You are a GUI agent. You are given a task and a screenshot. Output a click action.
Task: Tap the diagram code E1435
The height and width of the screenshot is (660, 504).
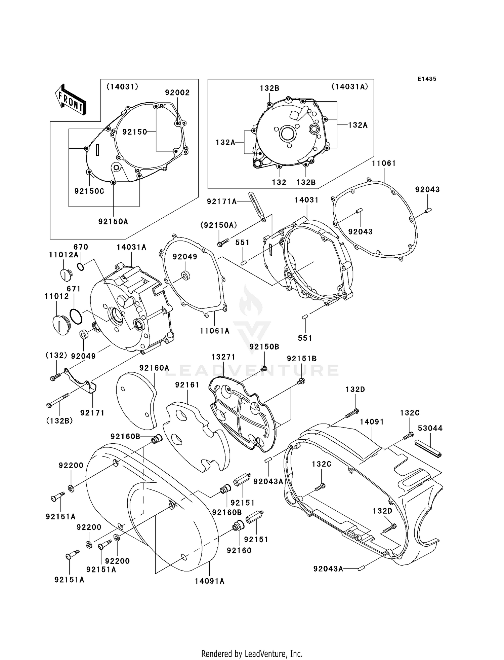427,79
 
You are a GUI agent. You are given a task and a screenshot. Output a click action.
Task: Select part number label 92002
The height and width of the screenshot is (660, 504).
177,93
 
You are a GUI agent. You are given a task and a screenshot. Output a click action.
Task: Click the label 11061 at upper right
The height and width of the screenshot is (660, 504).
384,163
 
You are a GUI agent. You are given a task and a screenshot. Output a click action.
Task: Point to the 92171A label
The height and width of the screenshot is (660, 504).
222,201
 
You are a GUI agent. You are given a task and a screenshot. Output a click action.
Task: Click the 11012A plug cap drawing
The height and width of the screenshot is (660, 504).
65,274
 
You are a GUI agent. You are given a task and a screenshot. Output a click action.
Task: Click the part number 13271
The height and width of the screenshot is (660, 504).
223,357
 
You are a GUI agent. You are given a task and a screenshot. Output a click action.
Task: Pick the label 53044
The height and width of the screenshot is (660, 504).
430,428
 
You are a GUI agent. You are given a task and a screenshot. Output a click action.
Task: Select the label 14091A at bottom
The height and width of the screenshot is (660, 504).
209,581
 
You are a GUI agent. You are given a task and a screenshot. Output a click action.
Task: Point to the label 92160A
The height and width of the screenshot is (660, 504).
154,368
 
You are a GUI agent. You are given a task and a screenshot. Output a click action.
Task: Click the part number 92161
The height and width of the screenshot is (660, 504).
187,385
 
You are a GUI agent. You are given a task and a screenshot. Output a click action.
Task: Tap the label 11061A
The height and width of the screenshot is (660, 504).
215,331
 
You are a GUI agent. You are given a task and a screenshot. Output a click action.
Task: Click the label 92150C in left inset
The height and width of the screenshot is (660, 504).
89,191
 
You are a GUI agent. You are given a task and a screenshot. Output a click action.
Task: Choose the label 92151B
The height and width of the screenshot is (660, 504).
302,359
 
